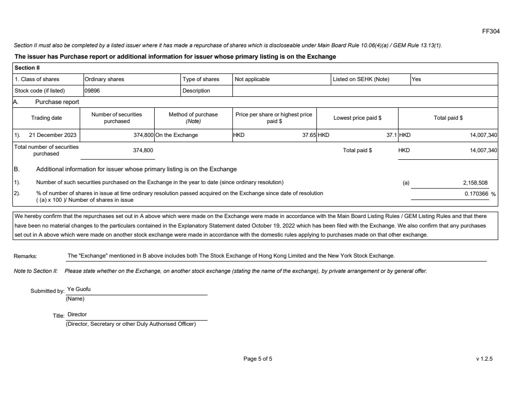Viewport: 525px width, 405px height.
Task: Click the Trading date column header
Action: tap(46, 118)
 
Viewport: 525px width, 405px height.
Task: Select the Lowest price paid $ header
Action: tap(357, 118)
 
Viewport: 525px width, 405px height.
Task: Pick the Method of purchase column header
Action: tap(193, 118)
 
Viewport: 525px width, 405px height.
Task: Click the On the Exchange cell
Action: tap(177, 135)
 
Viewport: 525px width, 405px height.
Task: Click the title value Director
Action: tap(77, 315)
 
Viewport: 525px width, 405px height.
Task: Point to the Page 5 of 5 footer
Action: tap(258, 359)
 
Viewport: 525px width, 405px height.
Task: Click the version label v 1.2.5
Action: tap(484, 359)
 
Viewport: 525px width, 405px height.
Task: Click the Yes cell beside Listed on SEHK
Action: tap(416, 79)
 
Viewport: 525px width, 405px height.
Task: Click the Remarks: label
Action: tap(25, 256)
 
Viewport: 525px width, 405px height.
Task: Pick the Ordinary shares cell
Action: tap(104, 79)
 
